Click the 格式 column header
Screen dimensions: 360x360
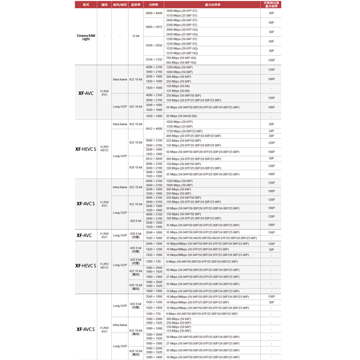click(86, 4)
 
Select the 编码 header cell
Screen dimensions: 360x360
click(105, 4)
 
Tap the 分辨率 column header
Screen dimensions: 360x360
click(154, 4)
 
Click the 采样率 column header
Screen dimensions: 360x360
click(136, 4)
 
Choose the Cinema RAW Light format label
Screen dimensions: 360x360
click(86, 36)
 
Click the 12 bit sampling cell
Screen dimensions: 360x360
click(136, 36)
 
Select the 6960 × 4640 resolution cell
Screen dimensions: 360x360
click(154, 13)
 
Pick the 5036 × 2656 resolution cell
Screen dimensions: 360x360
click(154, 46)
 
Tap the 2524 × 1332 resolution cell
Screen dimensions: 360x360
click(154, 60)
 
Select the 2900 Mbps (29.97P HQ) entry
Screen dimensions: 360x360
click(182, 29)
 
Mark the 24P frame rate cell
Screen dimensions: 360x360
click(271, 131)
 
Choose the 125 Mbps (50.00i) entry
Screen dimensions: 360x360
click(178, 91)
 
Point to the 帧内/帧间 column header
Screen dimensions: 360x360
click(120, 4)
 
